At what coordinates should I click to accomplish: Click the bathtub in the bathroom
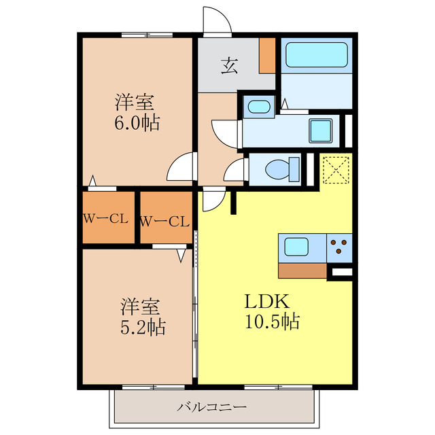(x=317, y=54)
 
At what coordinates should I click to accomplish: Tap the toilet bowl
(x=282, y=169)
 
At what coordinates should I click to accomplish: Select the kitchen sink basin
(x=296, y=247)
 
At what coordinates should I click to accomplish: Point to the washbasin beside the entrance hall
(x=259, y=107)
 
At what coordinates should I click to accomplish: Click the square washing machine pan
(x=321, y=130)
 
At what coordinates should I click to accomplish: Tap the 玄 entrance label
(x=230, y=66)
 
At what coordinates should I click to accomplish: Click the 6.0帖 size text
(x=137, y=123)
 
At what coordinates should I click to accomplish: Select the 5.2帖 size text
(x=143, y=328)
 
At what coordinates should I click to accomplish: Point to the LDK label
(x=267, y=302)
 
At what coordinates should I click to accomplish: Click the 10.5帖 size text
(x=272, y=321)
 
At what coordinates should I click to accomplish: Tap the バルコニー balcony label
(x=212, y=408)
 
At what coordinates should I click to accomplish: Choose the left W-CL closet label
(x=106, y=220)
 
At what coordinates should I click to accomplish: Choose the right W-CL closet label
(x=164, y=222)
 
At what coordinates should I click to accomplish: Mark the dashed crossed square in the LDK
(x=336, y=170)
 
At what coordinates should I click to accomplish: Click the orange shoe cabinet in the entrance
(x=267, y=56)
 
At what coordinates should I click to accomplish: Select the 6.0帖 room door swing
(x=179, y=167)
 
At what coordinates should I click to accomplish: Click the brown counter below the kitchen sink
(x=302, y=271)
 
